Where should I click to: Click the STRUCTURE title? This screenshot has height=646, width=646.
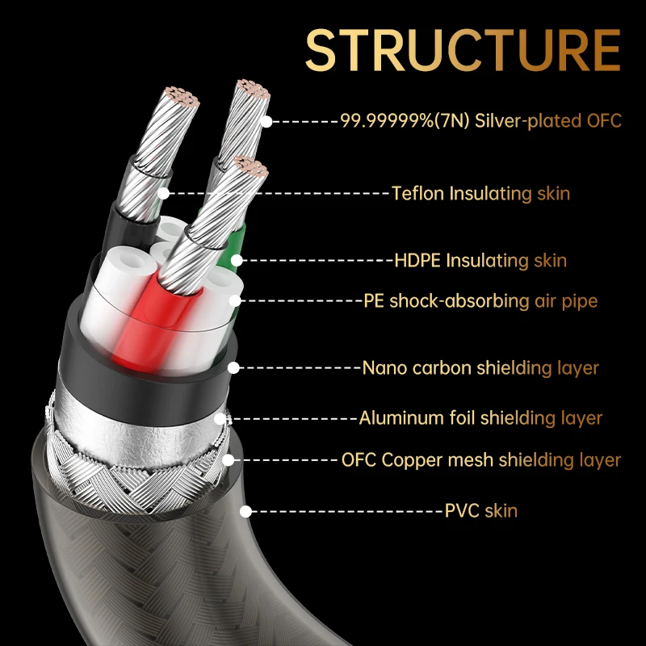click(463, 50)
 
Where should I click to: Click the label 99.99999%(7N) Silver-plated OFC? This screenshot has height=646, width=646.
click(480, 120)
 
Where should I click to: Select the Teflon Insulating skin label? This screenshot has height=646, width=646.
click(480, 193)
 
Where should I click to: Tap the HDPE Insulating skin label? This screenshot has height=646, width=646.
click(480, 260)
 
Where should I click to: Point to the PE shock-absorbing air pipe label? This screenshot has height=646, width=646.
click(480, 300)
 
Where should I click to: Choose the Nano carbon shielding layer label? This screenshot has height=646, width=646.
click(480, 368)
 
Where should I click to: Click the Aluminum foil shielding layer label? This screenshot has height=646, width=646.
click(480, 417)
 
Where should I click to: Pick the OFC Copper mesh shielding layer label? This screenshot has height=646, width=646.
click(480, 459)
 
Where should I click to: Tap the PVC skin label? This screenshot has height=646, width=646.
click(480, 511)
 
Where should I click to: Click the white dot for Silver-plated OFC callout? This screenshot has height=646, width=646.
click(267, 122)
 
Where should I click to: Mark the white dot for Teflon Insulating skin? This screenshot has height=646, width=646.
click(164, 193)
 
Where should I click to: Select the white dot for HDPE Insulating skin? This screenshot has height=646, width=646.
click(237, 260)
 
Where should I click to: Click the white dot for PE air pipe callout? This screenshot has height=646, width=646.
click(235, 300)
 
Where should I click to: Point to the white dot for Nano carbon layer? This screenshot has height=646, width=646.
click(233, 368)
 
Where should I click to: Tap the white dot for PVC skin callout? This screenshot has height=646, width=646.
click(246, 511)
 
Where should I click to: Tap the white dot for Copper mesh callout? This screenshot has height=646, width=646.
click(229, 460)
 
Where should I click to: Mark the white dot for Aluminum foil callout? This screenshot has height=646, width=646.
click(220, 418)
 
